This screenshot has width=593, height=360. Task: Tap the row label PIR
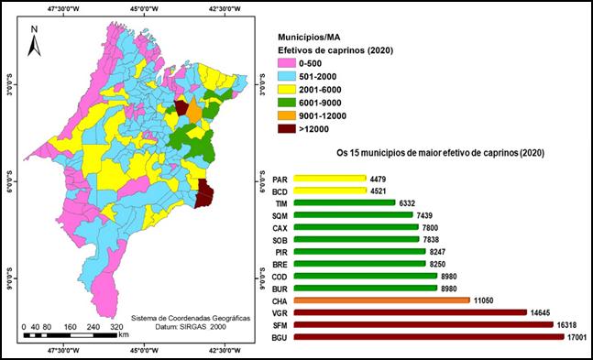coord(282,251)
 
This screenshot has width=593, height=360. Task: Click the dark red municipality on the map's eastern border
coord(207,193)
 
